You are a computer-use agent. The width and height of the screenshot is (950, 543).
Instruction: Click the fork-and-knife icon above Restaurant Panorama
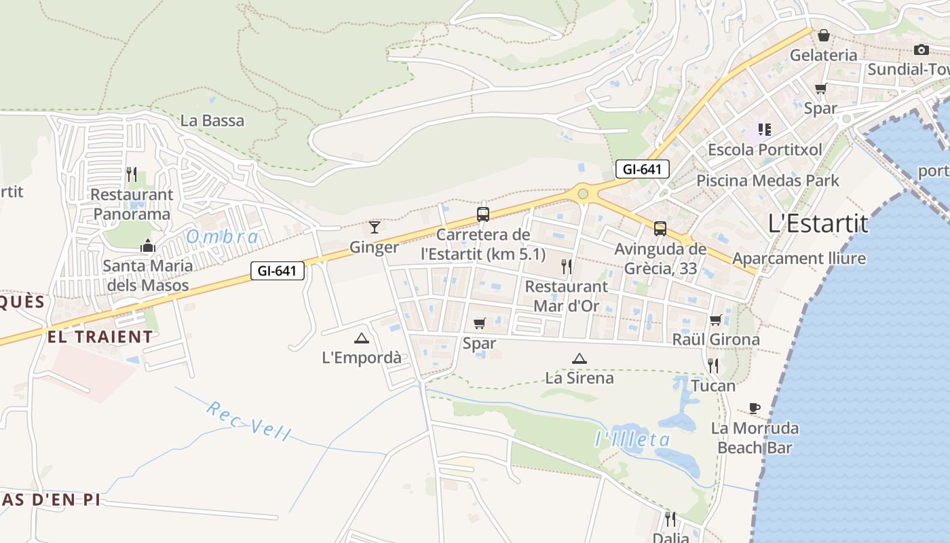[x=132, y=174]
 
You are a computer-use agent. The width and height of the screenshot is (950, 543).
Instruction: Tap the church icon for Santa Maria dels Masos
[x=147, y=246]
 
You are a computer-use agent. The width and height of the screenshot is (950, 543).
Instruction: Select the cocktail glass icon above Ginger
[x=374, y=227]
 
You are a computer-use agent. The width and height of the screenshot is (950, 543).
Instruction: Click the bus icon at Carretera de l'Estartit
[x=483, y=214]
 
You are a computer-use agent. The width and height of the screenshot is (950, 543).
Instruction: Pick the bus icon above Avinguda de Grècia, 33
[x=660, y=229]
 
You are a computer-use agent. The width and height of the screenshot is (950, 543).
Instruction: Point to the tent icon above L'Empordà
[x=361, y=338]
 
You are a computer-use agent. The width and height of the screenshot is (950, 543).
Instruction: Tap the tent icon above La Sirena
[x=579, y=358]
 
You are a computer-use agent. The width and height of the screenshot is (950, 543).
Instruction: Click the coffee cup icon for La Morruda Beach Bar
[x=754, y=408]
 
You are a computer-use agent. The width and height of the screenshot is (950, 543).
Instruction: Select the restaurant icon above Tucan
[x=713, y=366]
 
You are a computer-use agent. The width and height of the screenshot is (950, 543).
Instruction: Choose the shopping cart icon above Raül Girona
[x=715, y=320]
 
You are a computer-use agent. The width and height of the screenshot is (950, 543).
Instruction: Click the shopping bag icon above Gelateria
[x=823, y=35]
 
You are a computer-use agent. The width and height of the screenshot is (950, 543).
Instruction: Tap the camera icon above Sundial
[x=921, y=50]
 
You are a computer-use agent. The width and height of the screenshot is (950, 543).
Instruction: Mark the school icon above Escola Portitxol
[x=765, y=129]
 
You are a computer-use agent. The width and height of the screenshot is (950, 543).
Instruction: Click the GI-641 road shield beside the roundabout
[x=642, y=169]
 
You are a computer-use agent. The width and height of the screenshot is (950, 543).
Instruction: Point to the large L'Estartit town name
[x=818, y=223]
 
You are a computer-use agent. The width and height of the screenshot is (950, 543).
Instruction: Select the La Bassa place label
[x=212, y=121]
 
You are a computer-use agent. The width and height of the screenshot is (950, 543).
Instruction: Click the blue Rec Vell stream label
[x=248, y=420]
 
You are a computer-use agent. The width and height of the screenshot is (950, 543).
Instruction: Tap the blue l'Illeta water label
[x=632, y=440]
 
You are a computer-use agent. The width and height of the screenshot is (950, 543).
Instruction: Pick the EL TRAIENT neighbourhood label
[x=100, y=337]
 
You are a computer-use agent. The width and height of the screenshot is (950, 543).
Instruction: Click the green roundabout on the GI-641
[x=582, y=194]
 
